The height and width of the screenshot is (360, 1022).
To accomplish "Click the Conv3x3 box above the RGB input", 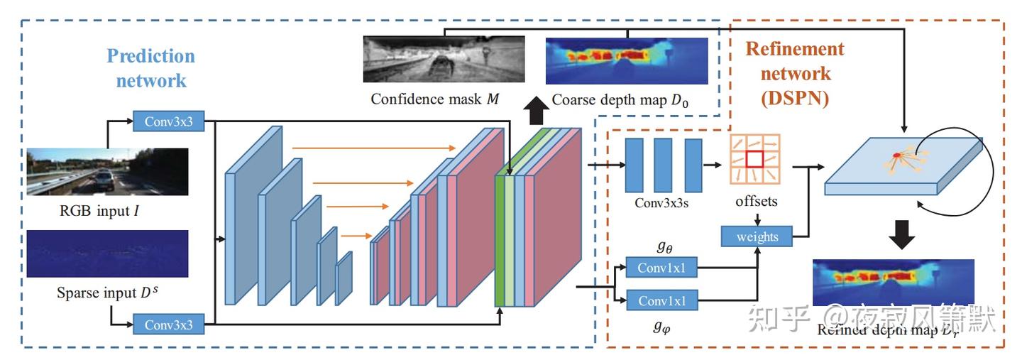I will (169, 121).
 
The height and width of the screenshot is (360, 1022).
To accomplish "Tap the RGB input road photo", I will (107, 171).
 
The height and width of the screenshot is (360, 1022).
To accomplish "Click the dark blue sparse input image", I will (107, 253).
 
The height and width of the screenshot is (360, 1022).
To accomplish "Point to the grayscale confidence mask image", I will (444, 60).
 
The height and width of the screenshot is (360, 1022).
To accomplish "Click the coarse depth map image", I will (627, 61).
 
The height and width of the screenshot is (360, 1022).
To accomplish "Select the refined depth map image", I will (893, 282).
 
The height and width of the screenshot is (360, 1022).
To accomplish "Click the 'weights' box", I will (757, 236).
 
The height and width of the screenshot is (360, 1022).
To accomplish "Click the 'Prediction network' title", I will (150, 68).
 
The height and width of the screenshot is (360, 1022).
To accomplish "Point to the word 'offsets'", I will (756, 202).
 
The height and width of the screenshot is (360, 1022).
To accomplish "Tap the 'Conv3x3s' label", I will (664, 202).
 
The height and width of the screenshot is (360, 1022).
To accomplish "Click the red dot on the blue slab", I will (897, 156).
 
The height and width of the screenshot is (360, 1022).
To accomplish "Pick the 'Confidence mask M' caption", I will (434, 99).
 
